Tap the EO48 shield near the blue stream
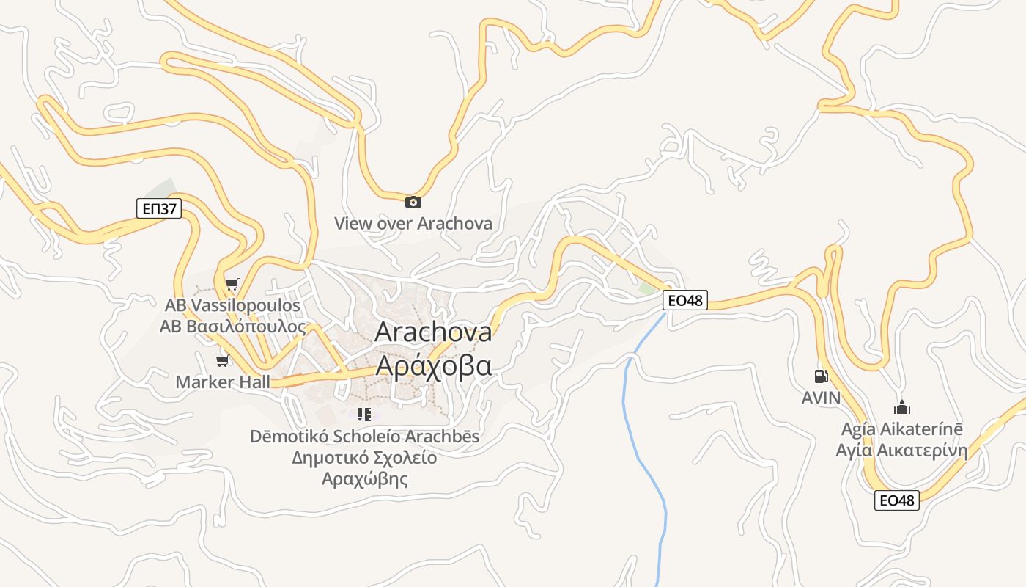(x=685, y=299)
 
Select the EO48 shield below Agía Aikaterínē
(x=896, y=500)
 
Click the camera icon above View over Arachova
(x=413, y=202)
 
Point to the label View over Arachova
(x=413, y=223)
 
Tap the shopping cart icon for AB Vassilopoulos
(x=232, y=285)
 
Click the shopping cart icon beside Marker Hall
(x=223, y=360)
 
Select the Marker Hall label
(x=223, y=382)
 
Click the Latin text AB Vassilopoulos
(x=232, y=305)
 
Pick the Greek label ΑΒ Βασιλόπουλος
(x=232, y=327)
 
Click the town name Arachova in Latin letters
(x=433, y=332)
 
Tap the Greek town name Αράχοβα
(x=433, y=365)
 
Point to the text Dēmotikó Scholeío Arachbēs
(x=364, y=437)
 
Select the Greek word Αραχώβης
(x=364, y=480)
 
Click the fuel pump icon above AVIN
(x=821, y=376)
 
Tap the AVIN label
(x=821, y=398)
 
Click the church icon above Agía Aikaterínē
(x=902, y=407)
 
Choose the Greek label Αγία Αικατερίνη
(x=902, y=450)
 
